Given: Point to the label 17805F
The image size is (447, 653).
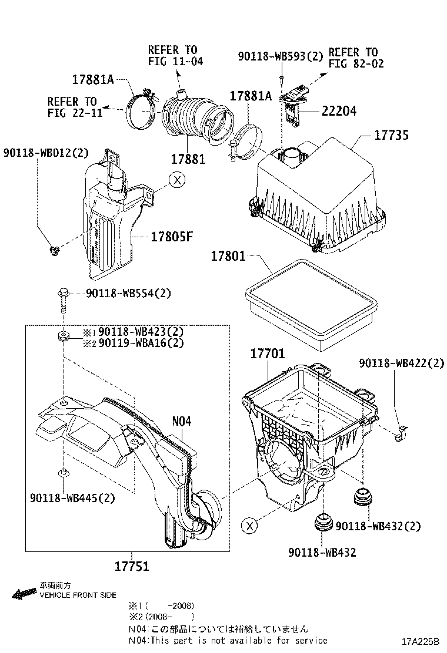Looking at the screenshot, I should coord(172,237).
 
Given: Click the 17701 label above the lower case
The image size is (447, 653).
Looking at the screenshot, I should coord(268,354).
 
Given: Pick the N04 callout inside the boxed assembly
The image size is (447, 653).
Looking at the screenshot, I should coord(182,421).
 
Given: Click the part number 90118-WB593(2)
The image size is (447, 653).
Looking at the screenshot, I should coord(281,56).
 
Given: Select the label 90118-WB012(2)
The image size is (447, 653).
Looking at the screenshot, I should coord(45,153).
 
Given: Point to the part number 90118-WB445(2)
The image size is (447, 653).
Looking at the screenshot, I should coord(72,498).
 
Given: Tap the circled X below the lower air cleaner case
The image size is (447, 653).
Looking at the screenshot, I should coord(250,526).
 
